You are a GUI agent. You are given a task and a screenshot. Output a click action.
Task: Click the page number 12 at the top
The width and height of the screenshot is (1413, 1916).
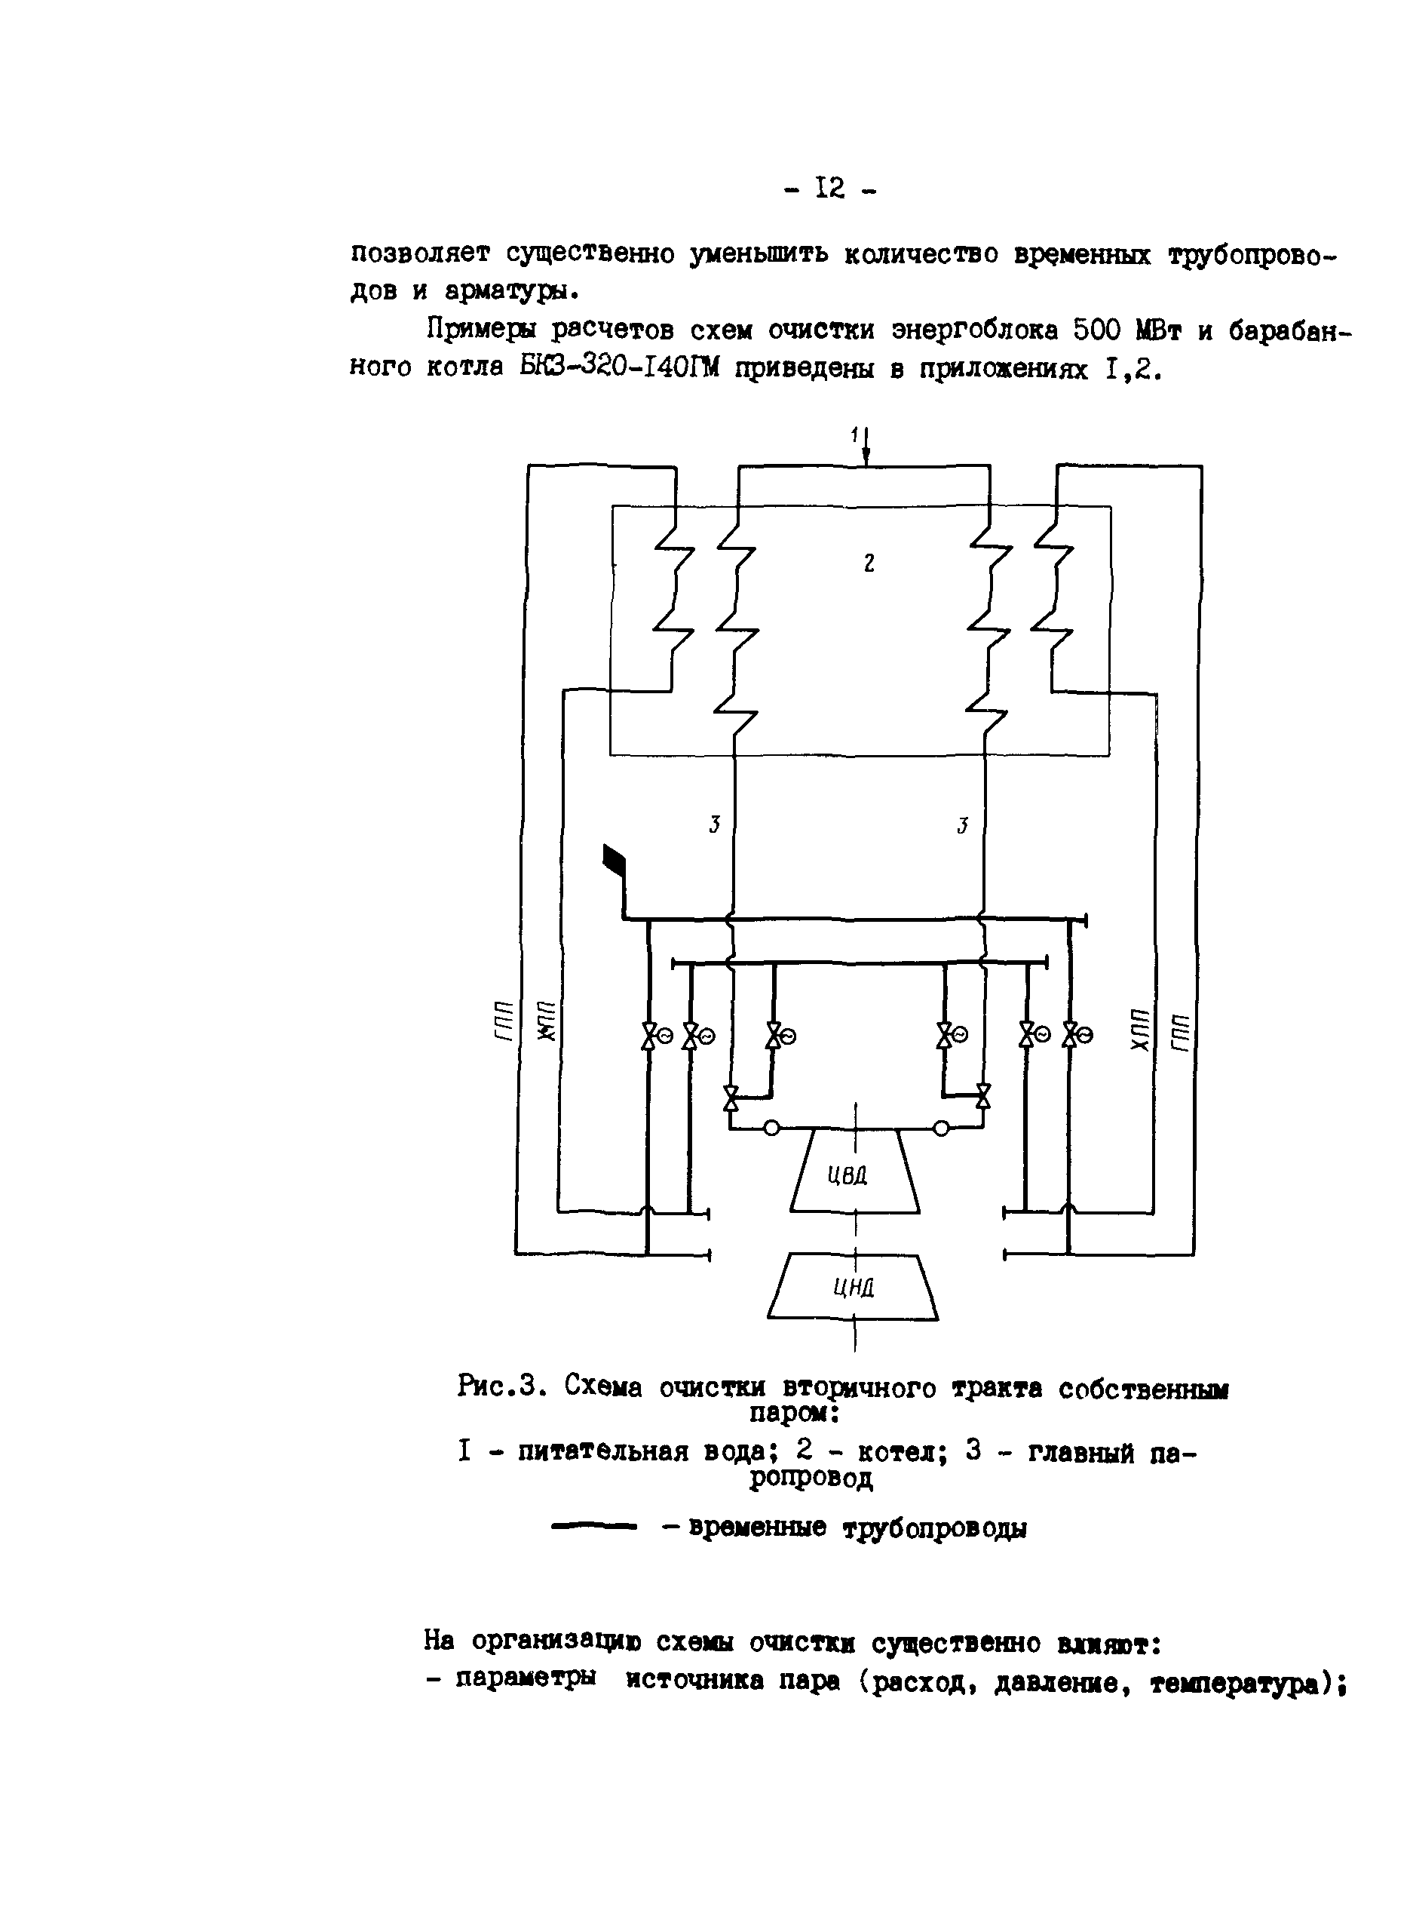point(829,187)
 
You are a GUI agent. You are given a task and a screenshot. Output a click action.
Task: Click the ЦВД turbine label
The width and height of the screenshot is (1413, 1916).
point(847,1175)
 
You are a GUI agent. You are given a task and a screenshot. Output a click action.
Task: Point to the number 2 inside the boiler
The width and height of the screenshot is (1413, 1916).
point(869,563)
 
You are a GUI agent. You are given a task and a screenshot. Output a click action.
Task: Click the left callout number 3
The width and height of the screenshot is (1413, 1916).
point(714,824)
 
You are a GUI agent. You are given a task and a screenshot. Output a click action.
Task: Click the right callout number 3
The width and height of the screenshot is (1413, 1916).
point(962,826)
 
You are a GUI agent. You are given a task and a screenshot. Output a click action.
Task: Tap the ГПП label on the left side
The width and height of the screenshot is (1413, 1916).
point(504,1020)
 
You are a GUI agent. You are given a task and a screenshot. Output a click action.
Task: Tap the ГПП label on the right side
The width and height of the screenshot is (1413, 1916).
point(1180,1033)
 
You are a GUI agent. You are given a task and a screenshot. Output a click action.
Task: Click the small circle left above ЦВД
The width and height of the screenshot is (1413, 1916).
point(771,1128)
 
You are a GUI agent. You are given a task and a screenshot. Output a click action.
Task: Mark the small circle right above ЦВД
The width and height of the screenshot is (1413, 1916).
point(941,1128)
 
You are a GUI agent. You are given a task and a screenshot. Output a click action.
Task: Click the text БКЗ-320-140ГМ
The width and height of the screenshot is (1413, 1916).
point(619,367)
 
